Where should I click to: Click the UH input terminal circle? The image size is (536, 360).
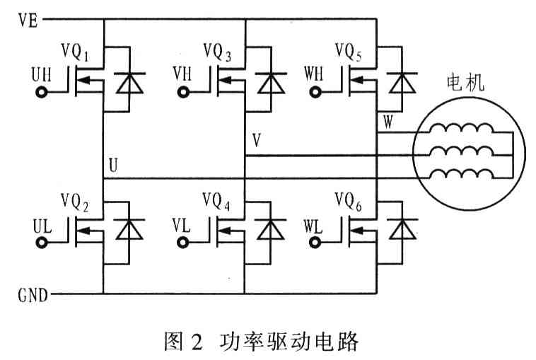42,93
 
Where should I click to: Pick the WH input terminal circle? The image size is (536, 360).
316,93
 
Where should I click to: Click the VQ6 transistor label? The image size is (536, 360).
349,204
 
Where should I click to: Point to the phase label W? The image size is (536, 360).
388,121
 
